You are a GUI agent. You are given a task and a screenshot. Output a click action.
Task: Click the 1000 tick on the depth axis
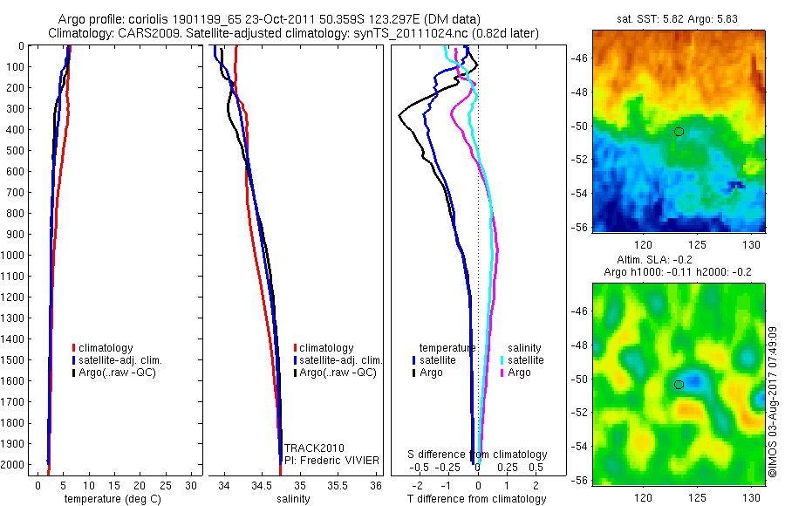[x=15, y=256]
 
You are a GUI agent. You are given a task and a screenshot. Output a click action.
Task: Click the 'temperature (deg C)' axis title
[x=109, y=499]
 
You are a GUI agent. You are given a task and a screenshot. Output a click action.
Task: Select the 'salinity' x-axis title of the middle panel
[x=293, y=499]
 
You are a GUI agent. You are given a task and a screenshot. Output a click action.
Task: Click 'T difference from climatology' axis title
[x=478, y=499]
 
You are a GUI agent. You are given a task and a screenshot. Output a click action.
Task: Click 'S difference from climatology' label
[x=478, y=455]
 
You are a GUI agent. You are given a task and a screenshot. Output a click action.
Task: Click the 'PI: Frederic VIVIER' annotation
[x=328, y=459]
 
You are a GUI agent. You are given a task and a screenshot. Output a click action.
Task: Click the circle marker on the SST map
[x=679, y=132]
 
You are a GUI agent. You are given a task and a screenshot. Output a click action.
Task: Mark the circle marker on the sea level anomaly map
[x=679, y=385]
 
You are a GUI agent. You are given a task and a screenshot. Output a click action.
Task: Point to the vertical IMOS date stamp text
[x=773, y=400]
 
